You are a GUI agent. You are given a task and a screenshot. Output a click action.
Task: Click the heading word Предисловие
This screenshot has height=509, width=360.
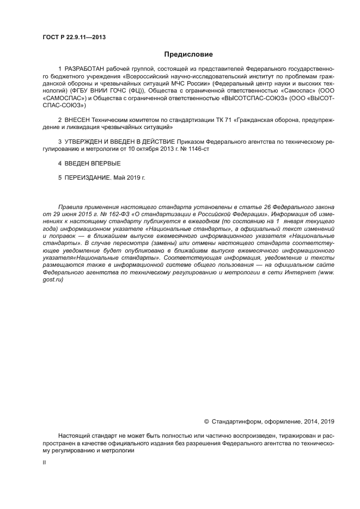point(188,54)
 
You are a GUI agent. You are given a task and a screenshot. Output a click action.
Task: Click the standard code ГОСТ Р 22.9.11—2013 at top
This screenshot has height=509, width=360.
point(74,38)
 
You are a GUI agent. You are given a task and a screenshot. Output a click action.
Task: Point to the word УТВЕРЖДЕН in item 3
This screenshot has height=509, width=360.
point(86,142)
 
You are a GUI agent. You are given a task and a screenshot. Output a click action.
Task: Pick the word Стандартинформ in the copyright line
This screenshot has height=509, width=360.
point(236,421)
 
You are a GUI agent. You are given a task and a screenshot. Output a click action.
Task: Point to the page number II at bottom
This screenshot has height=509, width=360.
point(45,462)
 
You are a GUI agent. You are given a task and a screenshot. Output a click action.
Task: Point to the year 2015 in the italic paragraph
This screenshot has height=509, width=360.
point(86,215)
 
